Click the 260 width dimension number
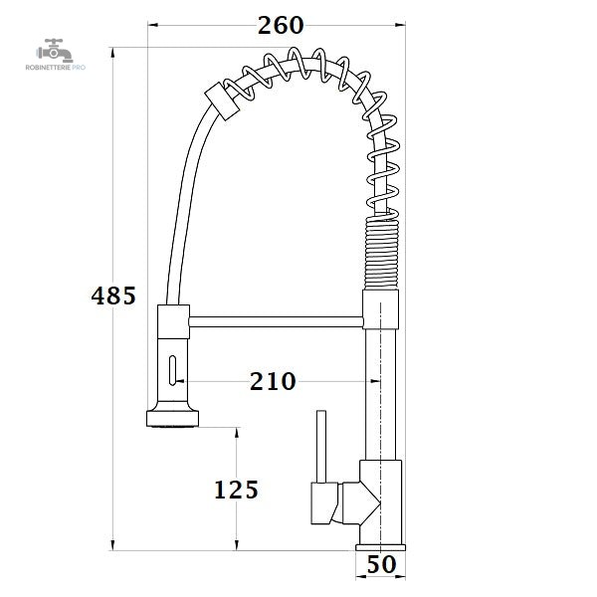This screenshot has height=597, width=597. pos(281,26)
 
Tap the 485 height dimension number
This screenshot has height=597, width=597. pos(113,296)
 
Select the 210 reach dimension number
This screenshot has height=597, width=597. pos(273,381)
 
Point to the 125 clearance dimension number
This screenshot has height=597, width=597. pos(236,490)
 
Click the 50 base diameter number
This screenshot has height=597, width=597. pos(381,564)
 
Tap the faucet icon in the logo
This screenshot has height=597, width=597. pos(55,51)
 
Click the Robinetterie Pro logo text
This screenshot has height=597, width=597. pos(56,68)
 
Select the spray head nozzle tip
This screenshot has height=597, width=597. pos(172,419)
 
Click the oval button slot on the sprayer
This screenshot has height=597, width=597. pos(172,370)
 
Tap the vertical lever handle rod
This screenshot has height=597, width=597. pos(321,447)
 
